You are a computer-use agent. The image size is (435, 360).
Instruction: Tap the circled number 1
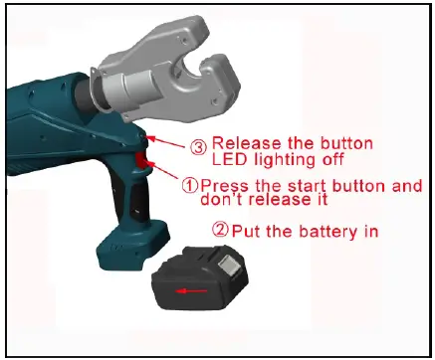tap(189, 186)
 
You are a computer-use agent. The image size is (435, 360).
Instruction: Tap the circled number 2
tap(222, 231)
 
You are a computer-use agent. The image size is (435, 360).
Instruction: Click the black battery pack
tap(203, 286)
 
